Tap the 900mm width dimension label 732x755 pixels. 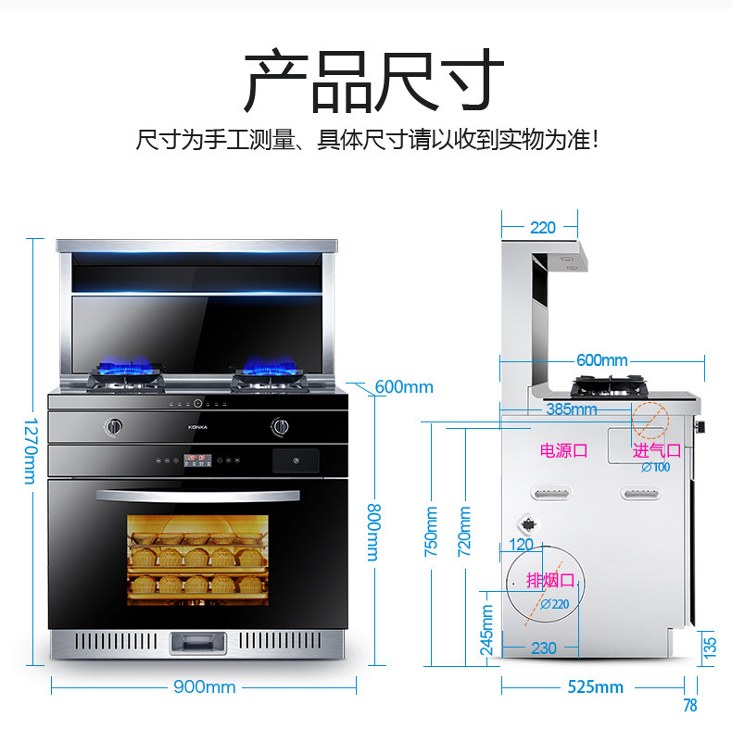(x=204, y=687)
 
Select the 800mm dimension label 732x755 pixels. (x=373, y=533)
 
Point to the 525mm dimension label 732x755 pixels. (x=596, y=687)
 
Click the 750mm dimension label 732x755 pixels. (x=431, y=531)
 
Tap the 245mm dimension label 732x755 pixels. (x=487, y=630)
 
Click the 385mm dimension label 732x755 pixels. (x=572, y=409)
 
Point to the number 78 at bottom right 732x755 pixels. (x=689, y=706)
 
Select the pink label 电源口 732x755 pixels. (x=564, y=451)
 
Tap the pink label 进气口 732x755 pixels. (x=656, y=451)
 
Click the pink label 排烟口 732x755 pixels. (x=550, y=581)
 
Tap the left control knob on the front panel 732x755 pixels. (x=114, y=427)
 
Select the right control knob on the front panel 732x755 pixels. (x=280, y=427)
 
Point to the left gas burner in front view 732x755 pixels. (x=128, y=377)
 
